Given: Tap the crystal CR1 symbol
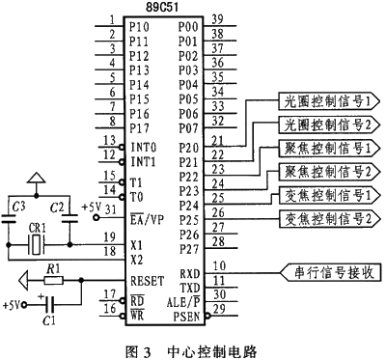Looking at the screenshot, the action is (x=36, y=245).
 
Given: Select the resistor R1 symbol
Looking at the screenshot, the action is (x=53, y=281).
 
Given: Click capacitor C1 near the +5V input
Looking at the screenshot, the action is (x=50, y=304).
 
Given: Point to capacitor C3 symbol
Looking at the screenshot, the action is (x=9, y=219).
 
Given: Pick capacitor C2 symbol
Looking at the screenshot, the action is (x=69, y=219).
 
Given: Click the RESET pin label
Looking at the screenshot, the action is (x=148, y=281).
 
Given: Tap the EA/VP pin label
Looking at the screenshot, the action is (x=147, y=219).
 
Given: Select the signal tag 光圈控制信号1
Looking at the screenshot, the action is (x=328, y=101).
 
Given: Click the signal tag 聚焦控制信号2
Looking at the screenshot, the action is (x=328, y=171).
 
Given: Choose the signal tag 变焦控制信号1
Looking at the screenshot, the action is (x=328, y=195).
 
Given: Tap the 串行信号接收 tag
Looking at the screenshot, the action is (x=331, y=273).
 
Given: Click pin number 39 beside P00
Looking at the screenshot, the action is (x=218, y=19).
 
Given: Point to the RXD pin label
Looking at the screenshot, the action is (x=190, y=274).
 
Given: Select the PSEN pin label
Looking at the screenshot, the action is (x=186, y=317).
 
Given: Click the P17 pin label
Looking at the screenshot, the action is (x=139, y=128).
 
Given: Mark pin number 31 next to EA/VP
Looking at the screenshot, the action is (x=111, y=209).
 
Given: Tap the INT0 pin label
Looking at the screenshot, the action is (x=144, y=148).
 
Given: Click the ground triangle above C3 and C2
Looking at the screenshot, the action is (x=36, y=178).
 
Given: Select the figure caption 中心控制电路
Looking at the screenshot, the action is (x=212, y=351).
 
